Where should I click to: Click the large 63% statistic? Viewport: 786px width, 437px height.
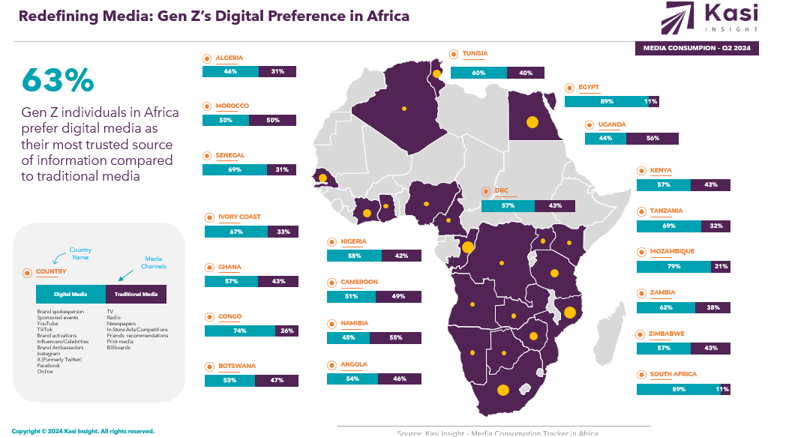(x=58, y=80)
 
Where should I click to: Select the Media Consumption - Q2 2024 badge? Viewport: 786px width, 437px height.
(x=697, y=49)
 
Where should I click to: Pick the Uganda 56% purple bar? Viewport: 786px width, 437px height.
(x=652, y=139)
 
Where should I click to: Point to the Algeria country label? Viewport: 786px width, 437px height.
(x=229, y=58)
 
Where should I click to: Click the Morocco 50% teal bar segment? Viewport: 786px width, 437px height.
(x=226, y=121)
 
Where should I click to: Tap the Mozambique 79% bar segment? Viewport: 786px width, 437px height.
(x=673, y=266)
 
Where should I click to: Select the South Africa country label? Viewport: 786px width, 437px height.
(x=673, y=374)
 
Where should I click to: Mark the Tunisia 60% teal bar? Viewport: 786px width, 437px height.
(x=478, y=73)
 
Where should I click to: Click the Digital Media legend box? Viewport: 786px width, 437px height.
(x=70, y=295)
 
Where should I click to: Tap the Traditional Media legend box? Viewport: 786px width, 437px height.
(x=136, y=295)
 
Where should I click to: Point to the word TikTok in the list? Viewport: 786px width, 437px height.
(x=44, y=329)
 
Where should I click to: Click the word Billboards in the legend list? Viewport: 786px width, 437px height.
(x=118, y=348)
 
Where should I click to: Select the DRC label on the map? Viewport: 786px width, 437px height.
(x=501, y=191)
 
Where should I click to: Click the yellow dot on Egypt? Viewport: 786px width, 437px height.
(x=532, y=121)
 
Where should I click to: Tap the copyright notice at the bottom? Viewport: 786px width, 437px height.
(x=82, y=431)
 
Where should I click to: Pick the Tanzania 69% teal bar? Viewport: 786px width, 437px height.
(x=668, y=226)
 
